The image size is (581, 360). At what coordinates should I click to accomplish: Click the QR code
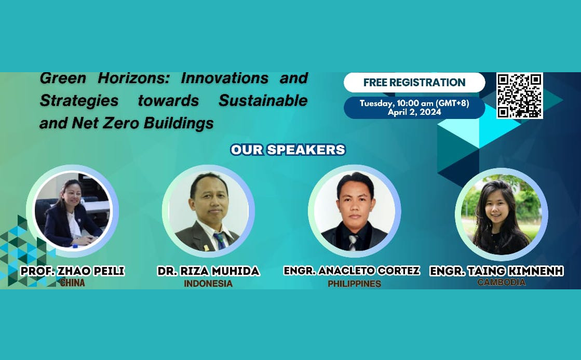click(520, 96)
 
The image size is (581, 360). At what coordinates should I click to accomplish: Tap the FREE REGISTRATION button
click(414, 82)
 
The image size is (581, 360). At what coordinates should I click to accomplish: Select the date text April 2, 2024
click(414, 112)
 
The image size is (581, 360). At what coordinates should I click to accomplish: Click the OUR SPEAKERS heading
click(288, 150)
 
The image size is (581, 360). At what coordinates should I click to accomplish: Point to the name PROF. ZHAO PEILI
click(73, 271)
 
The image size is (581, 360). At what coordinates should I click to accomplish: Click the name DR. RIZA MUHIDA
click(209, 271)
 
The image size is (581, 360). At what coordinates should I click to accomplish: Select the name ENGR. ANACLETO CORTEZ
click(352, 271)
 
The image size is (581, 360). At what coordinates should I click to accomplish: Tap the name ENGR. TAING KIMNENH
click(496, 271)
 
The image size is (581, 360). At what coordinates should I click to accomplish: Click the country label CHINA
click(73, 283)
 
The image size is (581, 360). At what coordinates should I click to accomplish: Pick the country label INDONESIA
click(208, 284)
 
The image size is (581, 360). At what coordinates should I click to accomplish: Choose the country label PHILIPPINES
click(354, 284)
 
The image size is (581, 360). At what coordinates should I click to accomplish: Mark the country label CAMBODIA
click(502, 283)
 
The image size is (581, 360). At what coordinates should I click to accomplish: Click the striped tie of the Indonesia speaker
click(219, 241)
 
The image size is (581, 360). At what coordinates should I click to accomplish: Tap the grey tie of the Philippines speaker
click(353, 242)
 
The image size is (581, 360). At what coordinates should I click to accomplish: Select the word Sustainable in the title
click(263, 100)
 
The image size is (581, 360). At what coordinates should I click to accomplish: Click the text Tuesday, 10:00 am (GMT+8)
click(414, 103)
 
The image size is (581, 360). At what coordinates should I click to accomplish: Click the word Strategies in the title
click(79, 101)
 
